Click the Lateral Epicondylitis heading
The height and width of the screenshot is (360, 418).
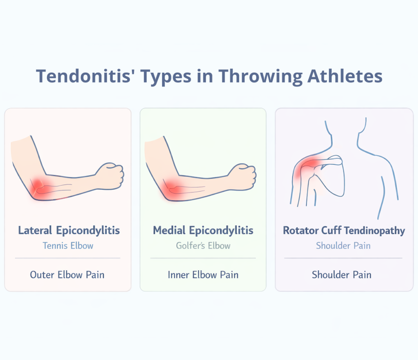click(69, 230)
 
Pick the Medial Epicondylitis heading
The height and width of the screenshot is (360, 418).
click(203, 230)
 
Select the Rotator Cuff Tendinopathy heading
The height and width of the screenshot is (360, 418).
click(344, 230)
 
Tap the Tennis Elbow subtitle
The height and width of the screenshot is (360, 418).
click(68, 246)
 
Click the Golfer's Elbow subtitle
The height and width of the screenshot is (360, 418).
click(203, 246)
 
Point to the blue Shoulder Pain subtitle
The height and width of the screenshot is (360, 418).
click(343, 246)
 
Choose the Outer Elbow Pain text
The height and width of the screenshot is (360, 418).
click(67, 275)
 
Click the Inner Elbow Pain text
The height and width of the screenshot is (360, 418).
click(203, 275)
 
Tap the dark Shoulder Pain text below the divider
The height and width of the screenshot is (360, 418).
click(342, 275)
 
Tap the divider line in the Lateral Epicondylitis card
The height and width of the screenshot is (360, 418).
click(68, 258)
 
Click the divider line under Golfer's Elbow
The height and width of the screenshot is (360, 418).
click(203, 258)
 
